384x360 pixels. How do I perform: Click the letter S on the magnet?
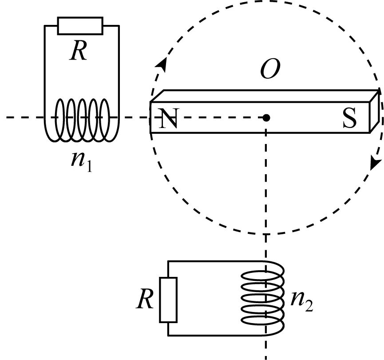(x=349, y=119)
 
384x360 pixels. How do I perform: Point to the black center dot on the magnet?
(x=265, y=118)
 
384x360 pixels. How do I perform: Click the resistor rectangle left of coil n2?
(x=168, y=299)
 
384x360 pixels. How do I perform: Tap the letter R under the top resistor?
(x=80, y=52)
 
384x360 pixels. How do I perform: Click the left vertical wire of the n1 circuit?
(x=44, y=67)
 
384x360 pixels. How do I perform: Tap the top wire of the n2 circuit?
(x=213, y=261)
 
